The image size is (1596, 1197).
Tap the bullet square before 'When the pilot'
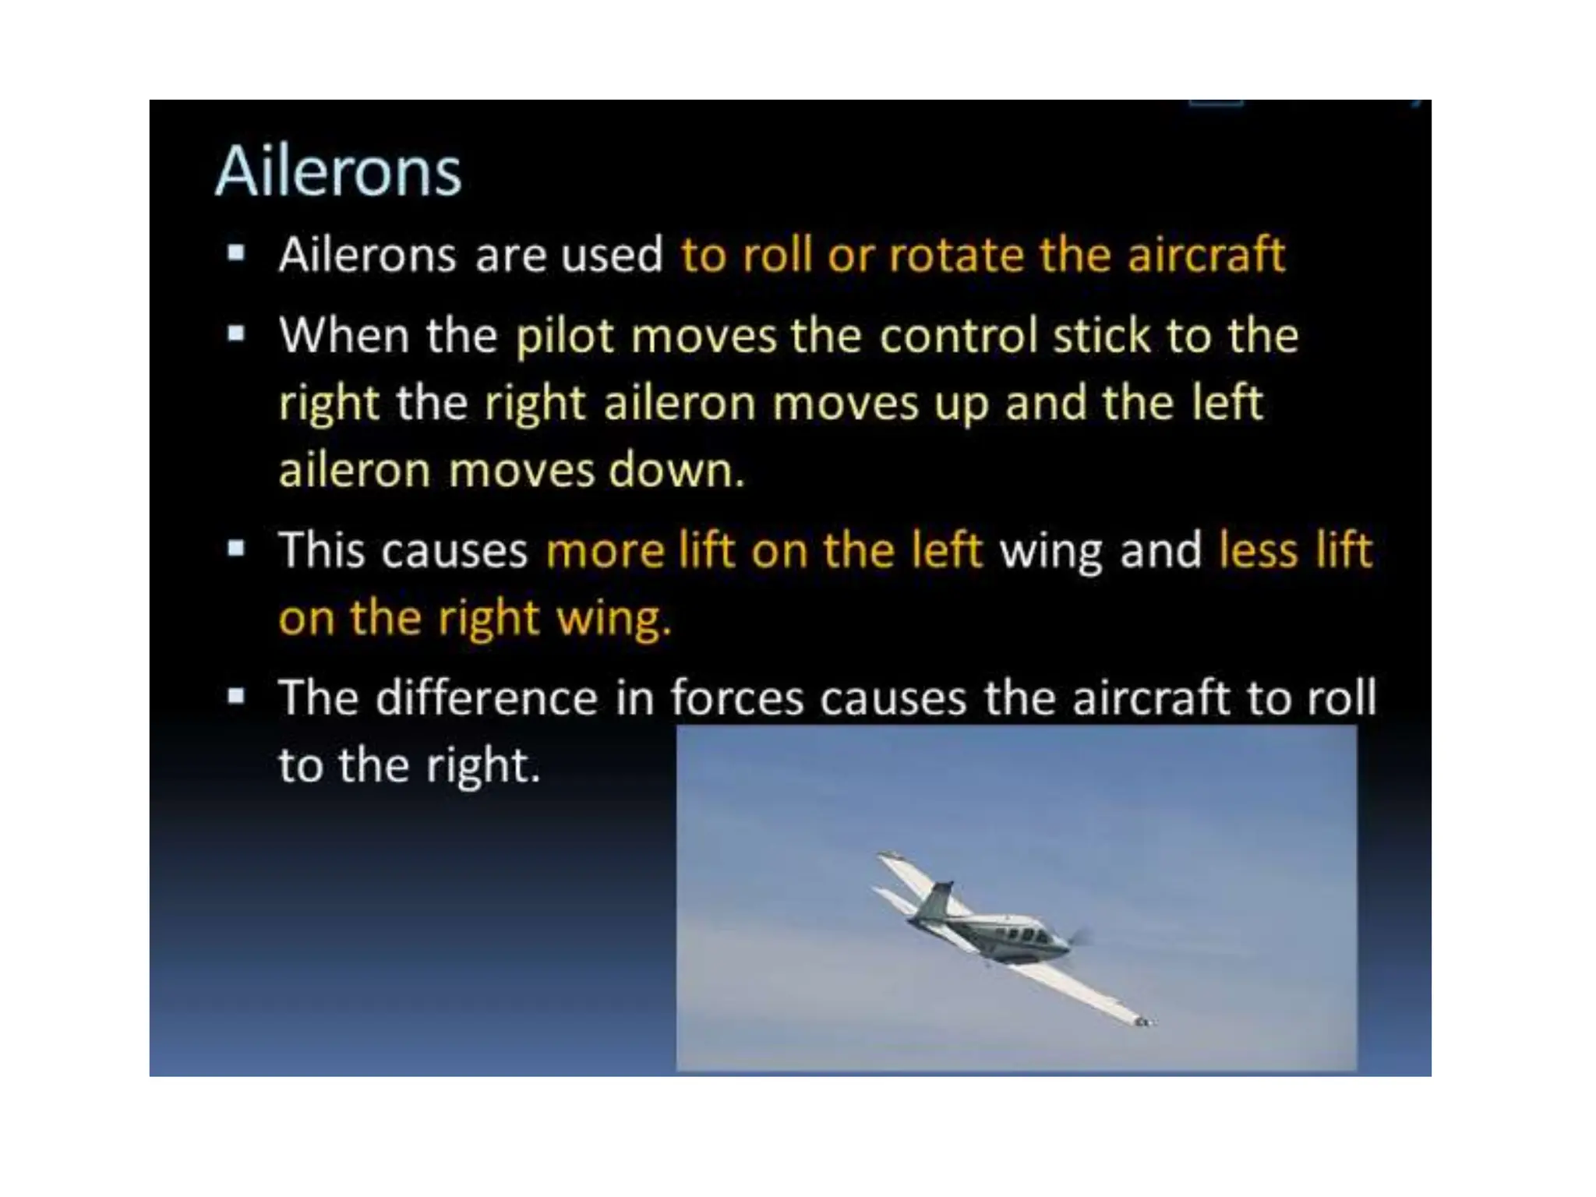[x=236, y=334]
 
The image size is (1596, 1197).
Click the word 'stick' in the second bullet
[x=1101, y=336]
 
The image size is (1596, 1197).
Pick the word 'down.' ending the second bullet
[x=676, y=471]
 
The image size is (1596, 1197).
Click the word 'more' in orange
[x=604, y=550]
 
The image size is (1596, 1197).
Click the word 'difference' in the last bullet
[x=486, y=697]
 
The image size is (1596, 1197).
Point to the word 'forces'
[x=736, y=697]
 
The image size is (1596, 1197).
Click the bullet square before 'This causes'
[x=236, y=549]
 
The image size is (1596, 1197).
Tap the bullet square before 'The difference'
[x=236, y=695]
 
